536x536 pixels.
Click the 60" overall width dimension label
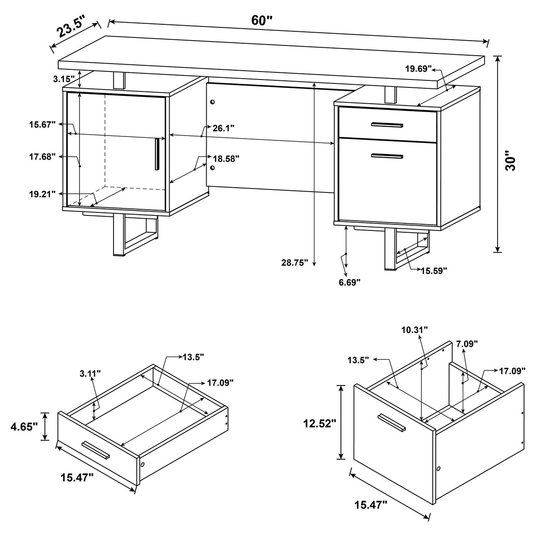[x=262, y=20]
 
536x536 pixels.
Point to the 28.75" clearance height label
[x=294, y=263]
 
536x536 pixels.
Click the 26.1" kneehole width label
[x=223, y=128]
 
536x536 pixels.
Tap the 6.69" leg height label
[x=350, y=282]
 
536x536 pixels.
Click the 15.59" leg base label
[x=434, y=270]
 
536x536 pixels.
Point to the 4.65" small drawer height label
[x=24, y=427]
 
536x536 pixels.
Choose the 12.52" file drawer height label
[x=320, y=423]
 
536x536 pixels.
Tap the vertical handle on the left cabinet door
[x=157, y=154]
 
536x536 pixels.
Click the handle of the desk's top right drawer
[x=387, y=125]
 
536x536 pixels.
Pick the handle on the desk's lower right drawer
[x=387, y=155]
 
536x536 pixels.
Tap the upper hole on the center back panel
[x=212, y=102]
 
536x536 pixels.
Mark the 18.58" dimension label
[x=226, y=159]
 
